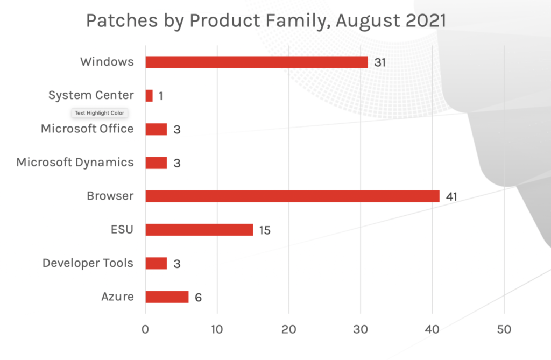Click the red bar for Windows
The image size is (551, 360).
[x=256, y=62]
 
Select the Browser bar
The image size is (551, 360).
[x=292, y=196]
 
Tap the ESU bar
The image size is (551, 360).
[x=199, y=230]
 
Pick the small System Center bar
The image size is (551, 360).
[x=149, y=96]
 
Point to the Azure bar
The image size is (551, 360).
[x=167, y=297]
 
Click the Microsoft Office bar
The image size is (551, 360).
[x=156, y=129]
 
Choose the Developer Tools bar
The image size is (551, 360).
[x=156, y=263]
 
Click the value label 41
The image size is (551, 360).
[x=451, y=197]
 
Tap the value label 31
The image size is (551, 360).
[x=380, y=62]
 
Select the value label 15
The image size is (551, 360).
[x=264, y=230]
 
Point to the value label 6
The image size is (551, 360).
[x=198, y=298]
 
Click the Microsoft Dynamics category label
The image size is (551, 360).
[x=75, y=163]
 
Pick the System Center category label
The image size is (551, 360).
[x=91, y=95]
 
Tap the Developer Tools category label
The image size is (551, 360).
[x=88, y=263]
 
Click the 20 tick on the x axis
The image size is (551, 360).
[x=289, y=329]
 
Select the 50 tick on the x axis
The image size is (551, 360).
[x=504, y=329]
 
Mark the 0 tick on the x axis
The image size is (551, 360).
[x=145, y=329]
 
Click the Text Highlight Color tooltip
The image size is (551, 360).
[x=99, y=113]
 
